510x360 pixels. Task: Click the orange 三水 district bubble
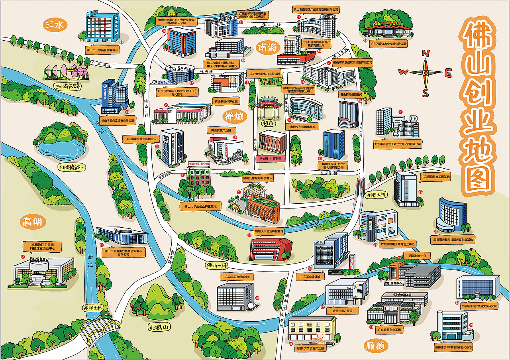[x=55, y=25]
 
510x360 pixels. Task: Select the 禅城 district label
[x=233, y=116]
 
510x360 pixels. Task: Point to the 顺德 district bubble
[x=376, y=345]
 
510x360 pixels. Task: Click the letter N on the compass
[x=426, y=53]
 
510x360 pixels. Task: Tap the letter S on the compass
[x=425, y=93]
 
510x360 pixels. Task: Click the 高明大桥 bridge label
[x=93, y=308]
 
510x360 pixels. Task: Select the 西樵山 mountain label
[x=158, y=327]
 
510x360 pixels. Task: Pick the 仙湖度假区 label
[x=72, y=167]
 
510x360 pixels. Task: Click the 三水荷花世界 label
[x=68, y=86]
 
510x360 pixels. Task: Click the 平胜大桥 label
[x=375, y=195]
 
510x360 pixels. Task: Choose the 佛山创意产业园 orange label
[x=222, y=130]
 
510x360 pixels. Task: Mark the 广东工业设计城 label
[x=311, y=276]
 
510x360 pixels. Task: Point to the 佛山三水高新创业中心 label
[x=102, y=50]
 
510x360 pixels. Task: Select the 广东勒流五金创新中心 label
[x=236, y=276]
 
